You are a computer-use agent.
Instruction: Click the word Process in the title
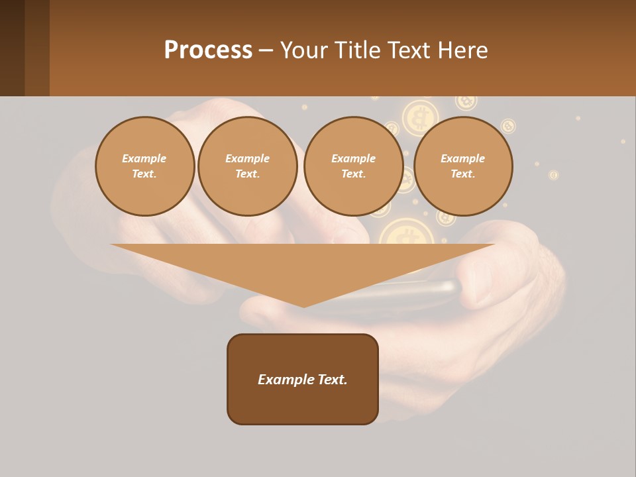click(x=208, y=50)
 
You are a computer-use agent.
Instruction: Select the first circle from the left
click(x=144, y=166)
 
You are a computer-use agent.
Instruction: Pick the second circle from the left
click(x=247, y=166)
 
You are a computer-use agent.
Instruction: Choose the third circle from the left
click(x=353, y=166)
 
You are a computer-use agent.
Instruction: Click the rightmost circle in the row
click(x=462, y=166)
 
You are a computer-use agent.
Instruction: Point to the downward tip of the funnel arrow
click(x=304, y=305)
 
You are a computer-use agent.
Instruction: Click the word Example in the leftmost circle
click(x=144, y=158)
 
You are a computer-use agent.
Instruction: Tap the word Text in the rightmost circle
click(x=462, y=174)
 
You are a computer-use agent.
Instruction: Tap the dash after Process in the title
click(x=266, y=50)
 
